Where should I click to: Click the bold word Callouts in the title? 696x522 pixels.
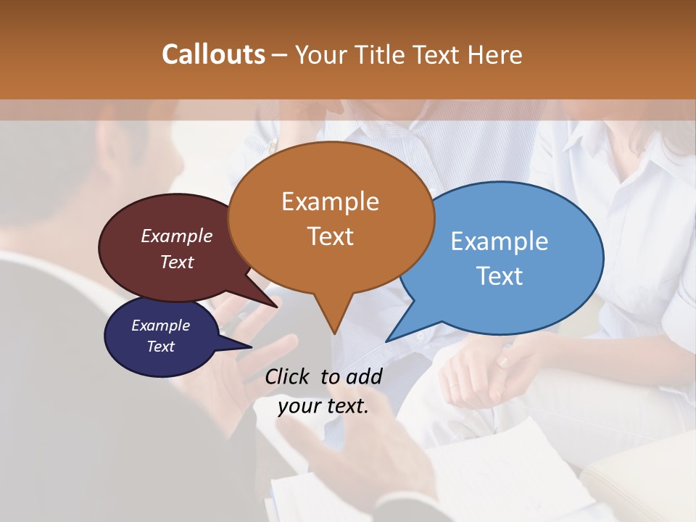click(213, 54)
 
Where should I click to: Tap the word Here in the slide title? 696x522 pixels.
click(497, 54)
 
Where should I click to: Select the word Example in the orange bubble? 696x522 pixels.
click(330, 202)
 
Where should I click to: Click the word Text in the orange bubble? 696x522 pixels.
click(330, 236)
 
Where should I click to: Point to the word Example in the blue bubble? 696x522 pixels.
click(500, 241)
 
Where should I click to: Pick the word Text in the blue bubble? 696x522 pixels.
click(500, 276)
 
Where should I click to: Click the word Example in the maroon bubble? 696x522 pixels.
click(177, 236)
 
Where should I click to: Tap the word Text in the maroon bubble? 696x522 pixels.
click(177, 262)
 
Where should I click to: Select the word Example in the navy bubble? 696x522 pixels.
click(160, 326)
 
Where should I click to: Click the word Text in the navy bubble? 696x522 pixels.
click(160, 347)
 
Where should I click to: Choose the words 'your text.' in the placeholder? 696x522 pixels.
click(323, 406)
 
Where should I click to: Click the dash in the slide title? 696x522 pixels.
click(279, 55)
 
